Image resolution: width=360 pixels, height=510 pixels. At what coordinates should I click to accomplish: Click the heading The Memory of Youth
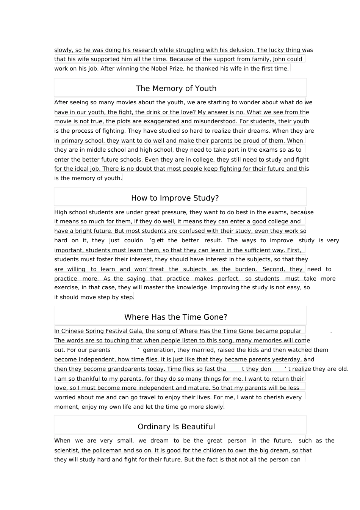(x=176, y=88)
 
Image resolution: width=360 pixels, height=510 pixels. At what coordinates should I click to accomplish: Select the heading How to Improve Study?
(x=175, y=198)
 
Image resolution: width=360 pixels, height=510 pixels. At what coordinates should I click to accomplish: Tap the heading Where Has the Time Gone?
(x=175, y=317)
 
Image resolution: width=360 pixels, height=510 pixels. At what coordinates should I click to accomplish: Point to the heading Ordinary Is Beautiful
(x=176, y=427)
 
